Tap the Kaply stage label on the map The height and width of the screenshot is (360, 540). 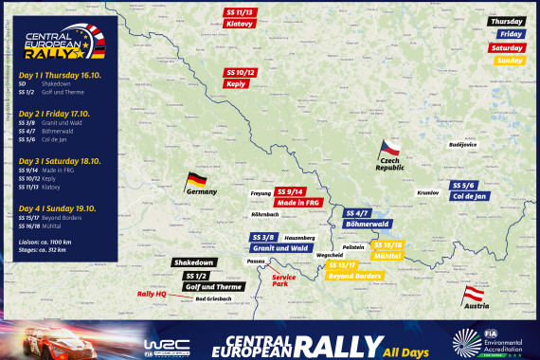(x=237, y=83)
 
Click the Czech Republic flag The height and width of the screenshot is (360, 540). (x=388, y=148)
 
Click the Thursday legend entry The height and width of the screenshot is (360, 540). (x=506, y=21)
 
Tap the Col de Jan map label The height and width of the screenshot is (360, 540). (x=470, y=195)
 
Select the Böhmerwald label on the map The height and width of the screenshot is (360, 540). (x=365, y=224)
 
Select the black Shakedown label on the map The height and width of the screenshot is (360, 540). (x=194, y=262)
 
